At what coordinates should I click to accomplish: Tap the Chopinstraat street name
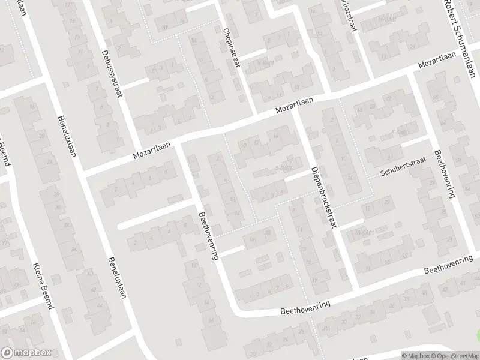click(x=231, y=47)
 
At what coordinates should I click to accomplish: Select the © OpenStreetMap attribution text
click(x=457, y=355)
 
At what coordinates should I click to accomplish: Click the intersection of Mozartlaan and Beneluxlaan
click(x=82, y=175)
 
